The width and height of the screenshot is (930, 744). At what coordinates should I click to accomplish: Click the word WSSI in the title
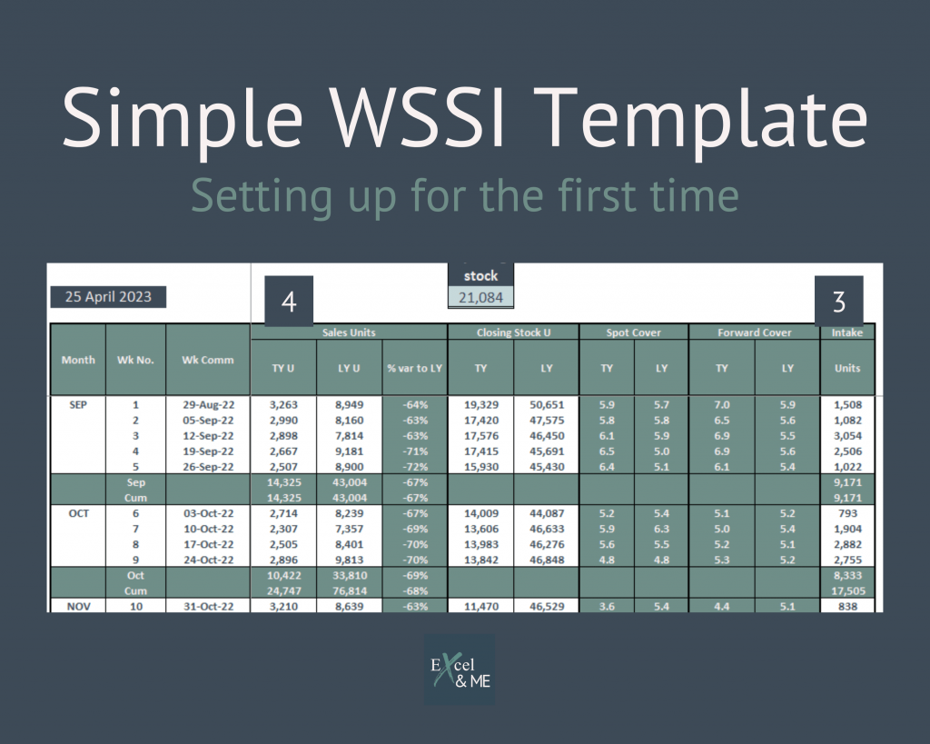pos(418,116)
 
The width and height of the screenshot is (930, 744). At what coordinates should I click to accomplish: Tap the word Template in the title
pos(704,123)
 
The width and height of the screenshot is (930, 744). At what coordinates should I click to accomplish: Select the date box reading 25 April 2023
pos(108,297)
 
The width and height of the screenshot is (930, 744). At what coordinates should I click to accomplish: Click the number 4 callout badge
pos(289,301)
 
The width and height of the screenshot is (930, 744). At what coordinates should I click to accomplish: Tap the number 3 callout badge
pos(838,301)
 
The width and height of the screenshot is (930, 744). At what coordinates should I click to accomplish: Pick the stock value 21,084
pos(480,297)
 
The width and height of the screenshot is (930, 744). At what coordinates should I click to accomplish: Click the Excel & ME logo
pos(460,670)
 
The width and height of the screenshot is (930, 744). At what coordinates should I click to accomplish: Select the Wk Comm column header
pos(208,360)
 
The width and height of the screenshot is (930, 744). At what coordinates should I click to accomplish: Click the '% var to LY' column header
pos(414,368)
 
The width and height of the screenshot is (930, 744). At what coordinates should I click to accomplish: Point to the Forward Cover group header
pos(755,332)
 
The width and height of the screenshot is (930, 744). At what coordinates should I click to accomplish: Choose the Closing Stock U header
pos(514,332)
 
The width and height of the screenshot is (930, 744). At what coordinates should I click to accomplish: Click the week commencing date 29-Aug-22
pos(208,404)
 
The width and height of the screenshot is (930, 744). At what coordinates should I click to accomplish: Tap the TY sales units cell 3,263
pos(283,404)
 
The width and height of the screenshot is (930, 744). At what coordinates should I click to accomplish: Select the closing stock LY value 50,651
pos(547,404)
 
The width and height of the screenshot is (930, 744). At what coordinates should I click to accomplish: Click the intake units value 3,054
pos(847,435)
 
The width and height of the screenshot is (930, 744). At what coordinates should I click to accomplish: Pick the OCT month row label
pos(78,513)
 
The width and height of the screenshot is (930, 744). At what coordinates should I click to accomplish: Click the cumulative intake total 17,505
pos(847,590)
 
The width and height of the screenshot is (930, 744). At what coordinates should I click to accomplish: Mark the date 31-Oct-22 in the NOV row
pos(208,606)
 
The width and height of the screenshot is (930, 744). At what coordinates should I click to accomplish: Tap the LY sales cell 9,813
pos(350,560)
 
